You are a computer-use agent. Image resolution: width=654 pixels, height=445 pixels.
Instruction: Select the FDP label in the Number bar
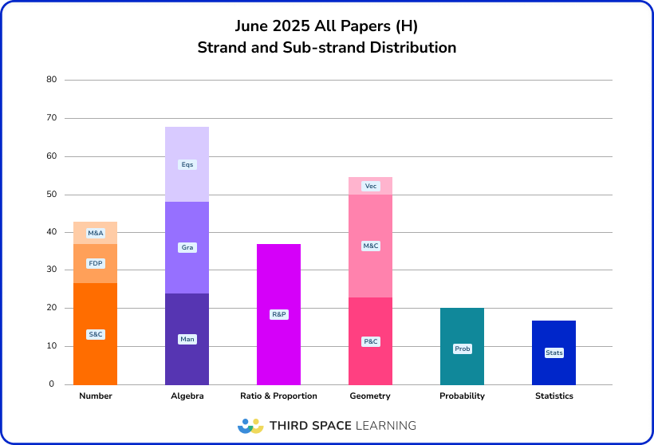point(96,264)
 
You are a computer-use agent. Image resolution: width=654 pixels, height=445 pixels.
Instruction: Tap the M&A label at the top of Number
point(96,233)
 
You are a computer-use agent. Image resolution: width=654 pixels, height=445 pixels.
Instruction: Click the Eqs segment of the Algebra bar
point(187,164)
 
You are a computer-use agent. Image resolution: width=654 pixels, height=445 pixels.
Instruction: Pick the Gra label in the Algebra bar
point(187,247)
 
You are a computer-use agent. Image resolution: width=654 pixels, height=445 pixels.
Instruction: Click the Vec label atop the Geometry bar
point(370,186)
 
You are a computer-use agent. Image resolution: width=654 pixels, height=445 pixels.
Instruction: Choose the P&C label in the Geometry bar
point(370,341)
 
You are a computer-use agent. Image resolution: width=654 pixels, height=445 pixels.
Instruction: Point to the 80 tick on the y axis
point(51,80)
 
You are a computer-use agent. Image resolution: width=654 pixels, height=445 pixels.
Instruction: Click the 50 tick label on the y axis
point(51,195)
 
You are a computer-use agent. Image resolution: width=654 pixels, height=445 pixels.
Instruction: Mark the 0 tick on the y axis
point(51,384)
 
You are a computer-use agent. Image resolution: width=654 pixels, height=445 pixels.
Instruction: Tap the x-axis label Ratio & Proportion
point(278,396)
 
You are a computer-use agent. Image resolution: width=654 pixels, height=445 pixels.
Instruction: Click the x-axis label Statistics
point(554,396)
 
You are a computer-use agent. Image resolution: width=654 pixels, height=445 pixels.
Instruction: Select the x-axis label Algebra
point(187,396)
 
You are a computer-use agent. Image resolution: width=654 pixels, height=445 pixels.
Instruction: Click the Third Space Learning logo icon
point(250,425)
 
